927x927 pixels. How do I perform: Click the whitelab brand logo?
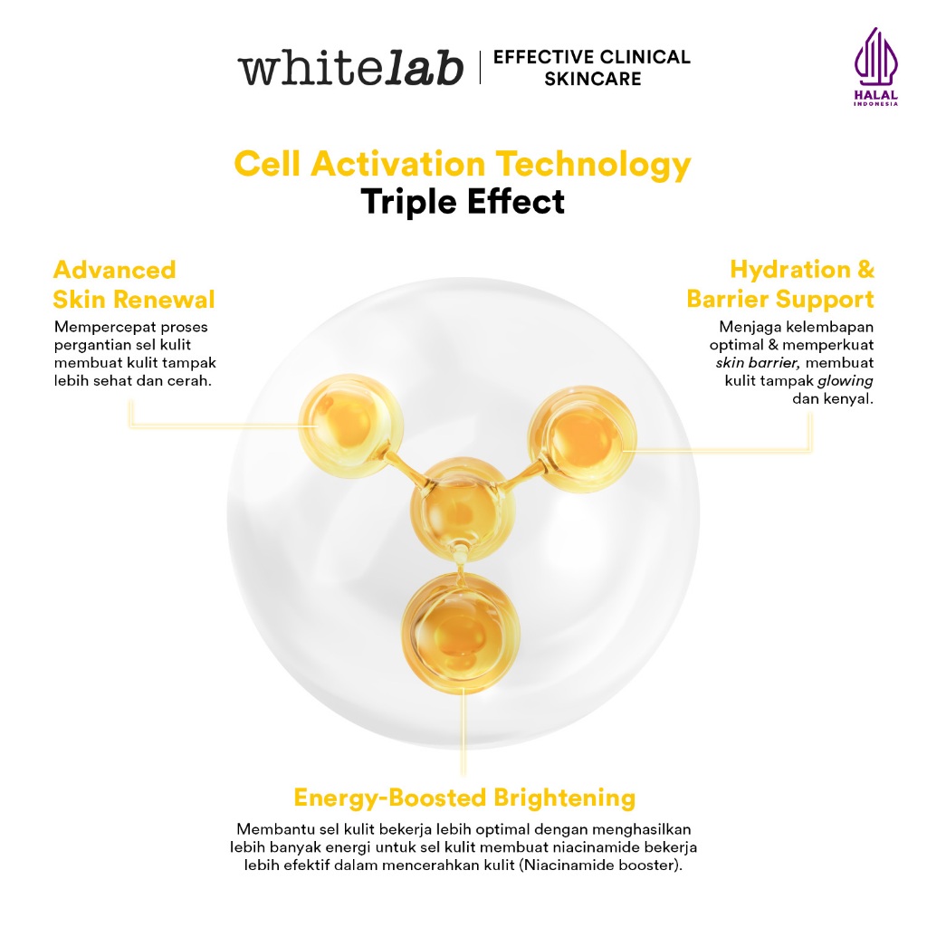tap(350, 68)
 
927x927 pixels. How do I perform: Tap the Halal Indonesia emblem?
tap(875, 66)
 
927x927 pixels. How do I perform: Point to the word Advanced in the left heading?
tap(115, 270)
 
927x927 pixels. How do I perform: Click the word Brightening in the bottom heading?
tap(565, 798)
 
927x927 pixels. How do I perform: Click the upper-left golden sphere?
tap(350, 425)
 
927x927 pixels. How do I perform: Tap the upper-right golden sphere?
tap(582, 439)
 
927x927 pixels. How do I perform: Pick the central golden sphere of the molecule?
tap(463, 509)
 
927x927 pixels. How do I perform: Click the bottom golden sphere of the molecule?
tap(461, 633)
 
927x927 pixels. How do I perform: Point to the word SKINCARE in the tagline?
tap(592, 79)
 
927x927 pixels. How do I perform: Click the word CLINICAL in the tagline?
tap(643, 57)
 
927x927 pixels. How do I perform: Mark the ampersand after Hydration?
tap(865, 270)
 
